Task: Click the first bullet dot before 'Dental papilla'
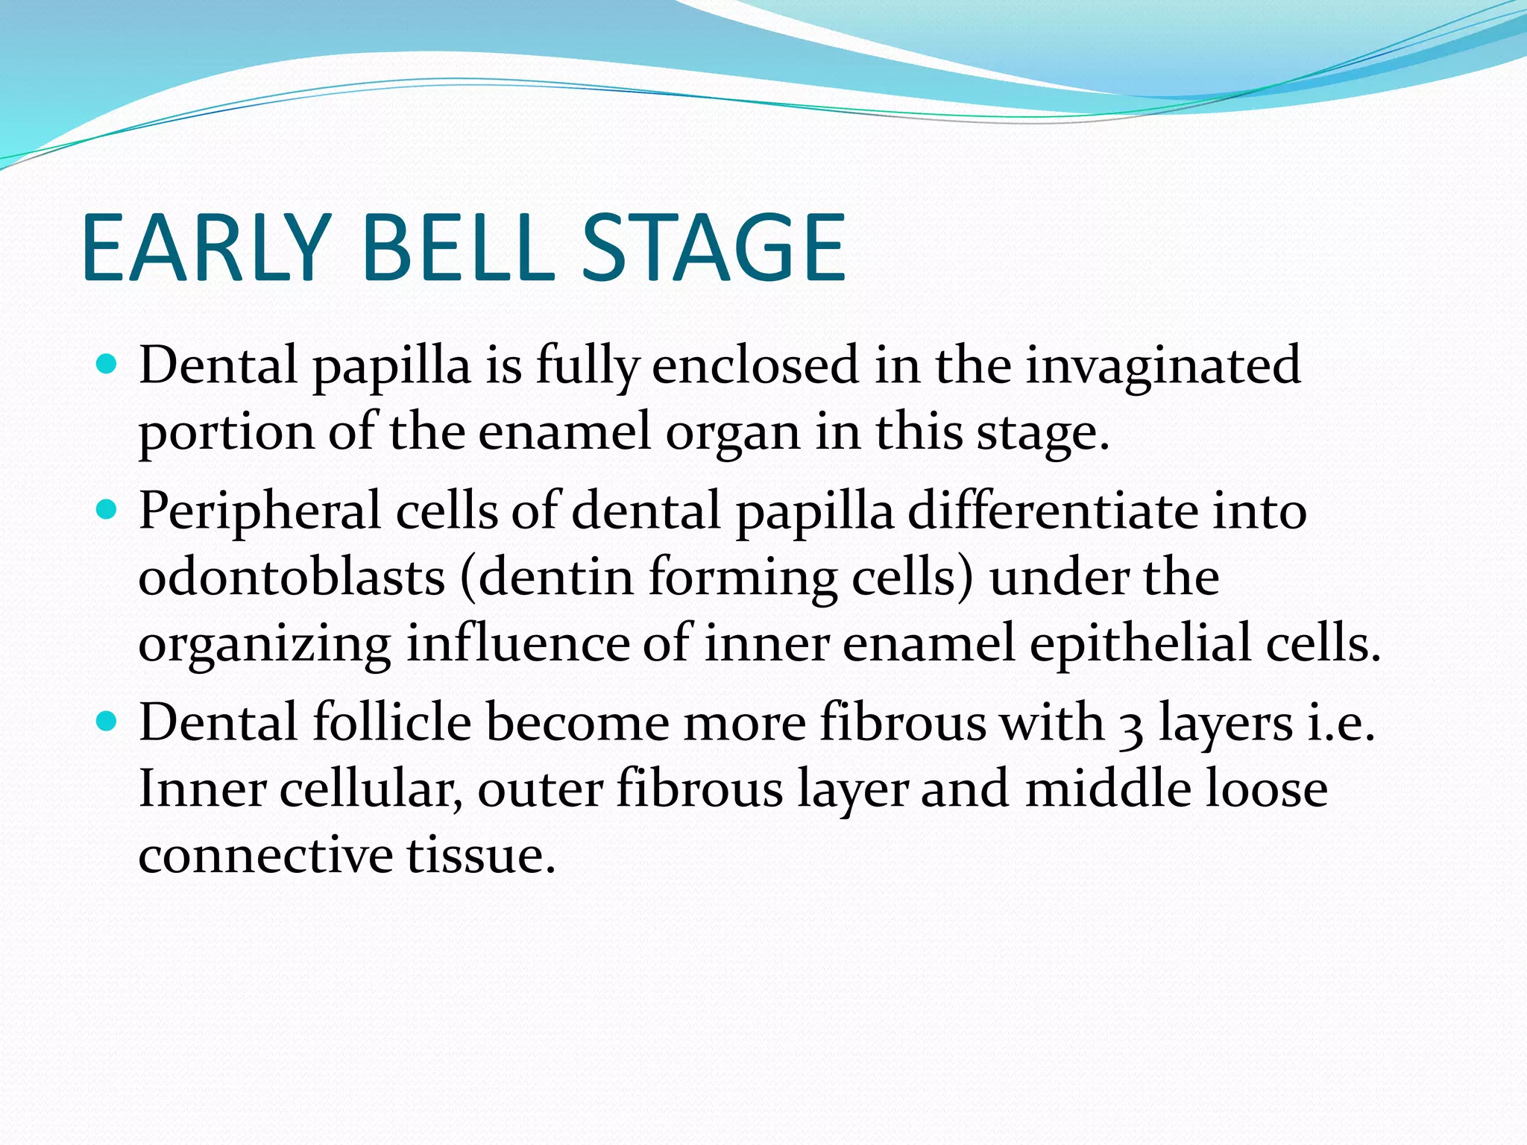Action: [x=107, y=365]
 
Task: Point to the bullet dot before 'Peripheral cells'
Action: [x=107, y=510]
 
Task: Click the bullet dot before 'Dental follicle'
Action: [x=107, y=722]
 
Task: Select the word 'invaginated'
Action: [x=1162, y=367]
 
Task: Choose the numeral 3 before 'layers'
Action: [x=1131, y=726]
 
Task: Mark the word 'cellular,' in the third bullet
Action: [x=371, y=789]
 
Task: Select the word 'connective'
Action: [x=265, y=854]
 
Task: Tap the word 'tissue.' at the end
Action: [x=482, y=854]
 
